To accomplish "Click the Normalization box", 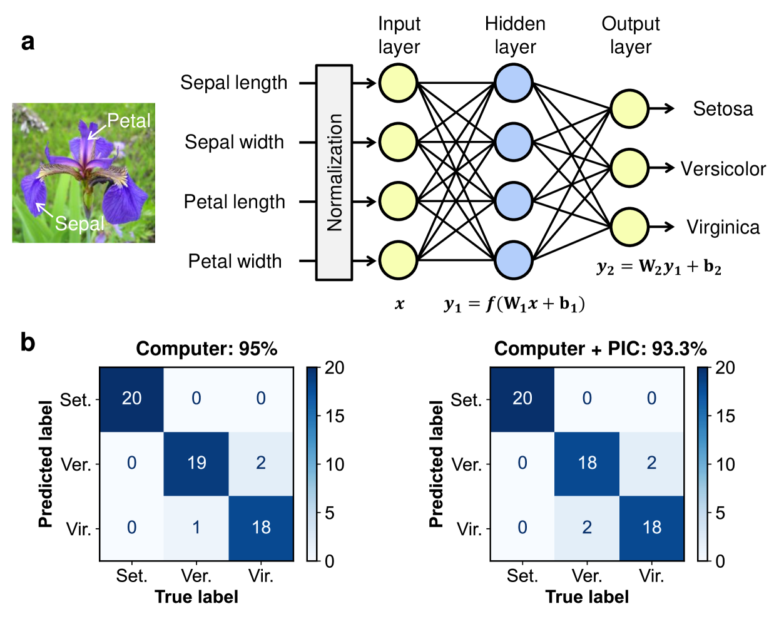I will [334, 172].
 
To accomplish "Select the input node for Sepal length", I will [398, 83].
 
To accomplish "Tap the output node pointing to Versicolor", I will [629, 168].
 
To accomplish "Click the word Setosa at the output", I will [723, 109].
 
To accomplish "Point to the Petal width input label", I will [235, 261].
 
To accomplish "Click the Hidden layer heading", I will [515, 35].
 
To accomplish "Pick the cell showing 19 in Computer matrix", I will [196, 463].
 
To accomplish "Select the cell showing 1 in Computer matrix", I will [196, 528].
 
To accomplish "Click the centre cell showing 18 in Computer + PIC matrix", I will [587, 463].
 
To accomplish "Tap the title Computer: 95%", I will [206, 349].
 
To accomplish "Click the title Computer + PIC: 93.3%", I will [600, 349].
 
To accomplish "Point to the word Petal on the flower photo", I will [129, 120].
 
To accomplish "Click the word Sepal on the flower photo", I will [79, 223].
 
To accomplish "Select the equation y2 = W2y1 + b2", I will [659, 267].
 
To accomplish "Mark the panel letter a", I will [28, 42].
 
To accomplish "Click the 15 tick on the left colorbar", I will [334, 416].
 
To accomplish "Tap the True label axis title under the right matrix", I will [587, 597].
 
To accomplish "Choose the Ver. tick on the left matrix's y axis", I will [76, 464].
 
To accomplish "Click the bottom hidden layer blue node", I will [514, 260].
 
